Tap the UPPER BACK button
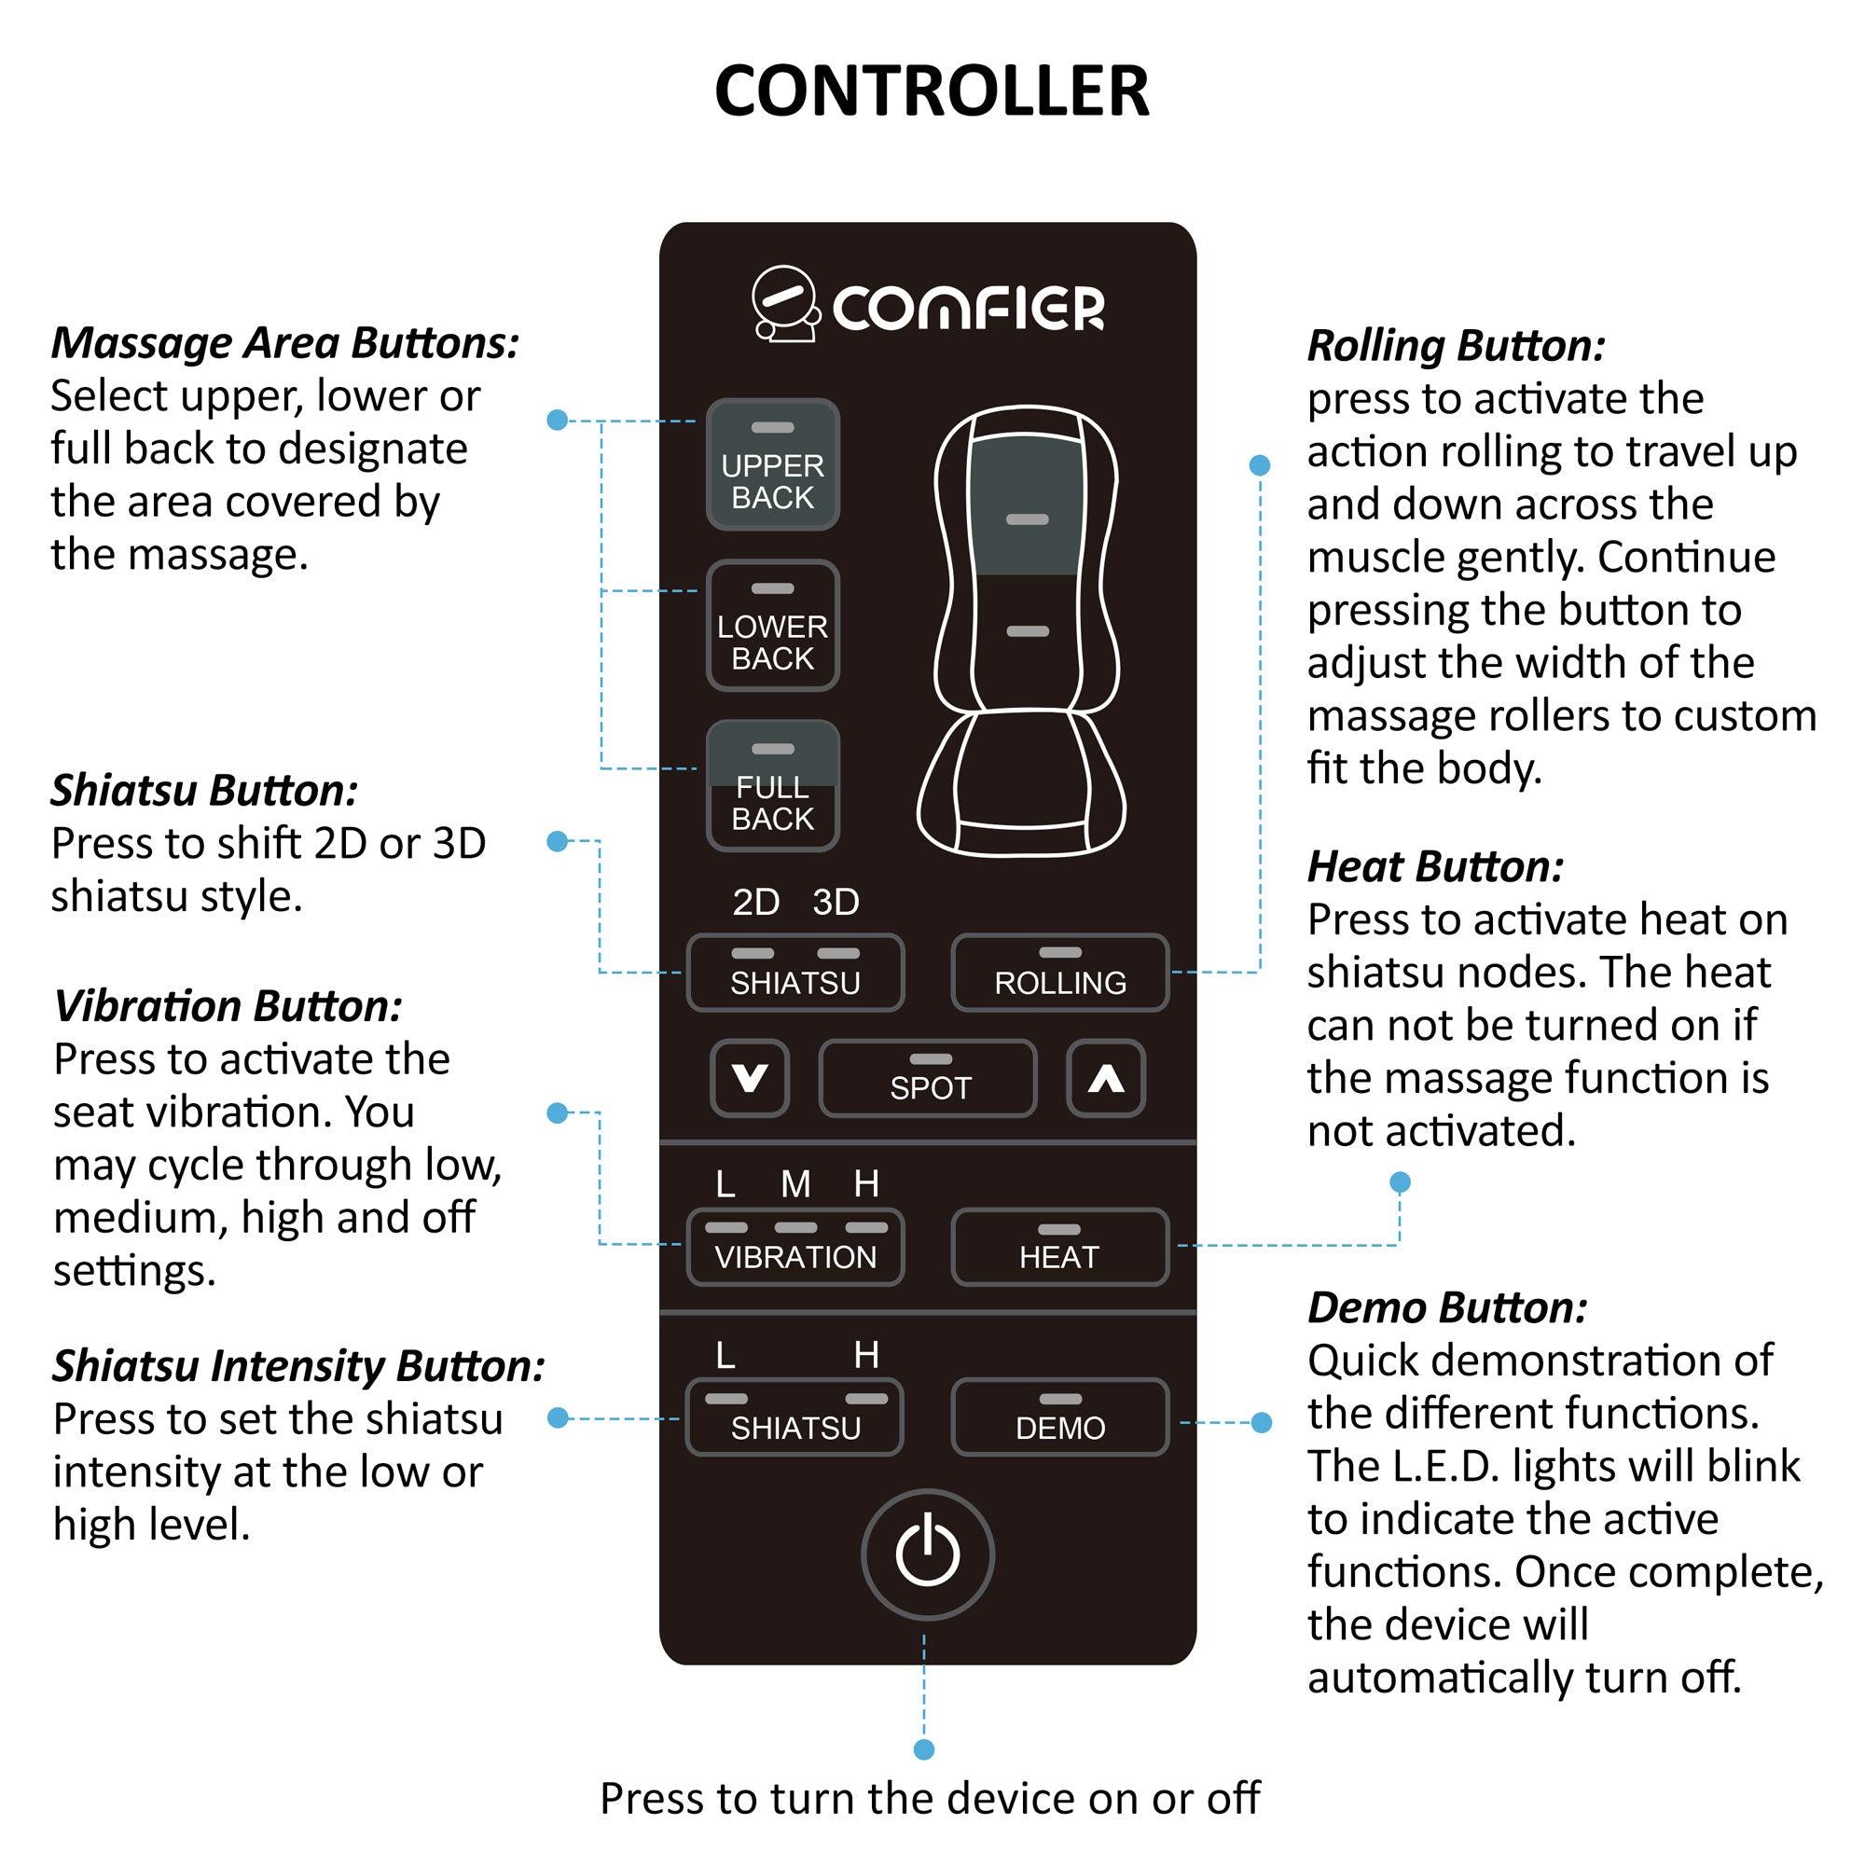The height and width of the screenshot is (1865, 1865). click(772, 465)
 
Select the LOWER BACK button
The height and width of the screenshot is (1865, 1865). click(772, 626)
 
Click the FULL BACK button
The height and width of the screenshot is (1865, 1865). click(772, 786)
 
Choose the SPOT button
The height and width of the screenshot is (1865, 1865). click(928, 1078)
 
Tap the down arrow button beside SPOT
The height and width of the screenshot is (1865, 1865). click(750, 1078)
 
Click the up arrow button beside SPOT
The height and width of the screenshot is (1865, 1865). click(1106, 1078)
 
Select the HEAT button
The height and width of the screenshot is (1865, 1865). click(1060, 1246)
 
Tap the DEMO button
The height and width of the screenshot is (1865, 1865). click(1060, 1417)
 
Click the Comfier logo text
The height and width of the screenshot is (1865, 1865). click(967, 308)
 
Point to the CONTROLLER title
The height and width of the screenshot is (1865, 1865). click(932, 90)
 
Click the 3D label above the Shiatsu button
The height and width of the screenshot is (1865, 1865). click(835, 903)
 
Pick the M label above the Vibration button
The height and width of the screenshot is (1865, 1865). click(795, 1184)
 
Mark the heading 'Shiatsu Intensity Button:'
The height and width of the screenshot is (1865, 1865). click(298, 1366)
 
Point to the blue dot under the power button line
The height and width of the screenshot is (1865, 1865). click(924, 1749)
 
